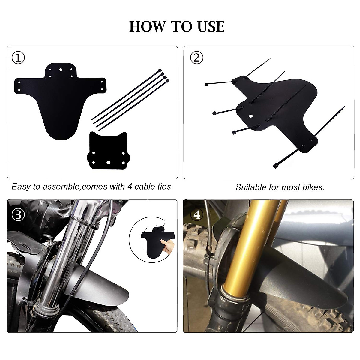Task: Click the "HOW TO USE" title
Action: [x=177, y=27]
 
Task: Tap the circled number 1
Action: [x=19, y=58]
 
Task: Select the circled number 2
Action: [x=197, y=58]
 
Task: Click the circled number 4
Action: [x=197, y=215]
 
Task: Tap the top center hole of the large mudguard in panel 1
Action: [x=61, y=70]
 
